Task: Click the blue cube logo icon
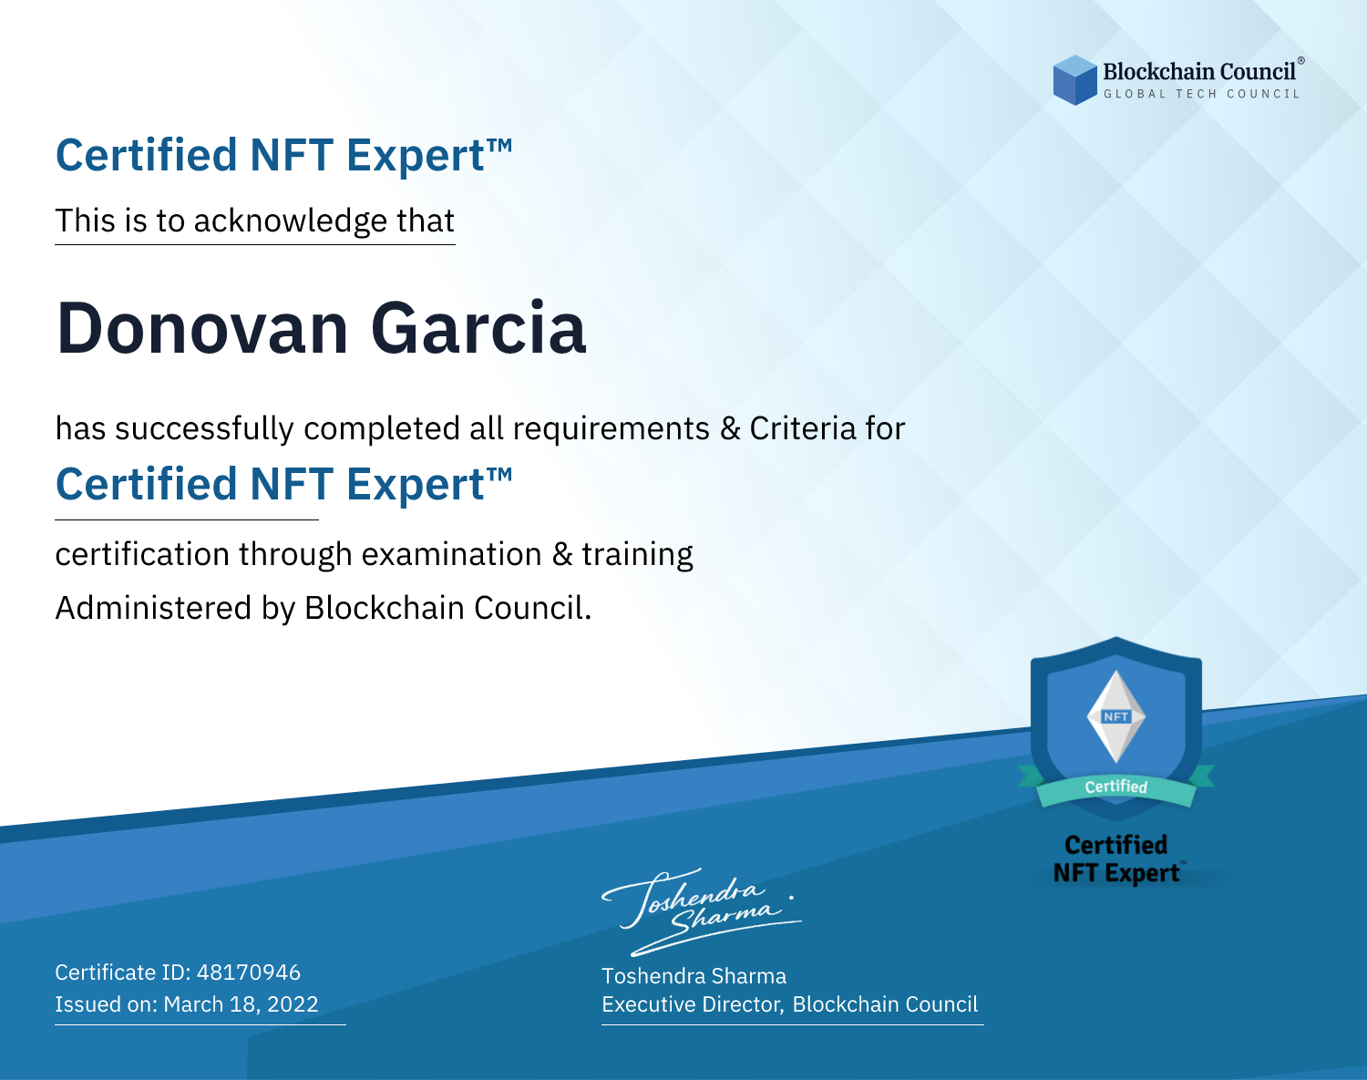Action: click(x=1074, y=80)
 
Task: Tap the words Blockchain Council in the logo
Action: click(x=1199, y=71)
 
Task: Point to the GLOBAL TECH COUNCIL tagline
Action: click(x=1201, y=94)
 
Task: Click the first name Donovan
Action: click(x=202, y=329)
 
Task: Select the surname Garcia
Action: click(x=478, y=329)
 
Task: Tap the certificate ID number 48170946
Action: click(x=249, y=972)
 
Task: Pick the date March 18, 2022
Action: click(x=241, y=1003)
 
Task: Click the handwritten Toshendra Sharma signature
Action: click(x=702, y=911)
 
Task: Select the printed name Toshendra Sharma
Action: click(x=694, y=976)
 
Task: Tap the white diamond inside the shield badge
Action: click(x=1116, y=716)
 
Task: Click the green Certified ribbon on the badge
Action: click(x=1116, y=787)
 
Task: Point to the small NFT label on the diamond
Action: click(x=1116, y=716)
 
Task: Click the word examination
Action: click(x=451, y=554)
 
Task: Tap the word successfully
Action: click(x=204, y=429)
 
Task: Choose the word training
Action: click(x=637, y=555)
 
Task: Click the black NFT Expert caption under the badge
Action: click(x=1116, y=873)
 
